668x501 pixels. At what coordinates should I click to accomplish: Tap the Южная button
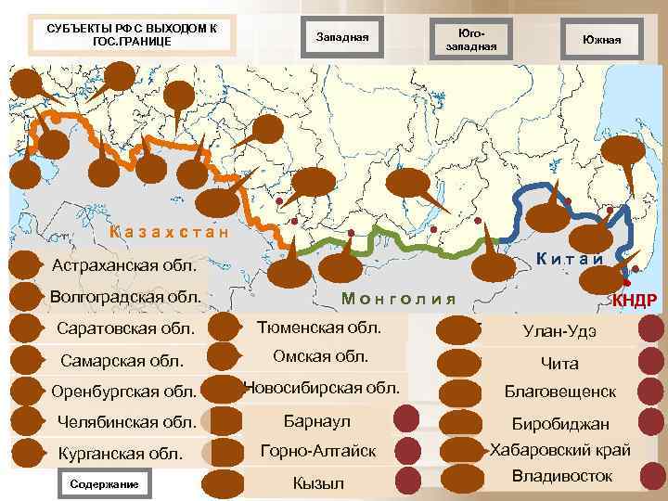click(x=601, y=38)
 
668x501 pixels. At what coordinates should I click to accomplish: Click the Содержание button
click(x=104, y=483)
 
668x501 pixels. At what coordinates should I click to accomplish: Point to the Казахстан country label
click(x=168, y=231)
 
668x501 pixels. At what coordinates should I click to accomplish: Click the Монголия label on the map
click(x=399, y=298)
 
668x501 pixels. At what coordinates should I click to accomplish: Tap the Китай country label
click(x=570, y=260)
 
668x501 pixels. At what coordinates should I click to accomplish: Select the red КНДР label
click(x=635, y=300)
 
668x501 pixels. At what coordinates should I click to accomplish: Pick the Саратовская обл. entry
click(x=126, y=328)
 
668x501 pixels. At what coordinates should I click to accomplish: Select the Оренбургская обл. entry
click(x=124, y=391)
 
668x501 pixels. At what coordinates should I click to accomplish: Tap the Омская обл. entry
click(x=320, y=356)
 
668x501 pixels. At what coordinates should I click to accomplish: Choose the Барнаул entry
click(x=317, y=421)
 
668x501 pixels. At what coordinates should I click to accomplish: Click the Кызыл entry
click(x=317, y=483)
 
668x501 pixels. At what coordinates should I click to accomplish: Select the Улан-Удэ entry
click(x=559, y=331)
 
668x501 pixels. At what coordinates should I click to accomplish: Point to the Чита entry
click(x=559, y=363)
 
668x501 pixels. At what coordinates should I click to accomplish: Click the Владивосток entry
click(x=562, y=476)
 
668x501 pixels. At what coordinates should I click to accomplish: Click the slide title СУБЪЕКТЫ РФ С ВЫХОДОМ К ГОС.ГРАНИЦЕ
click(x=131, y=34)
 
